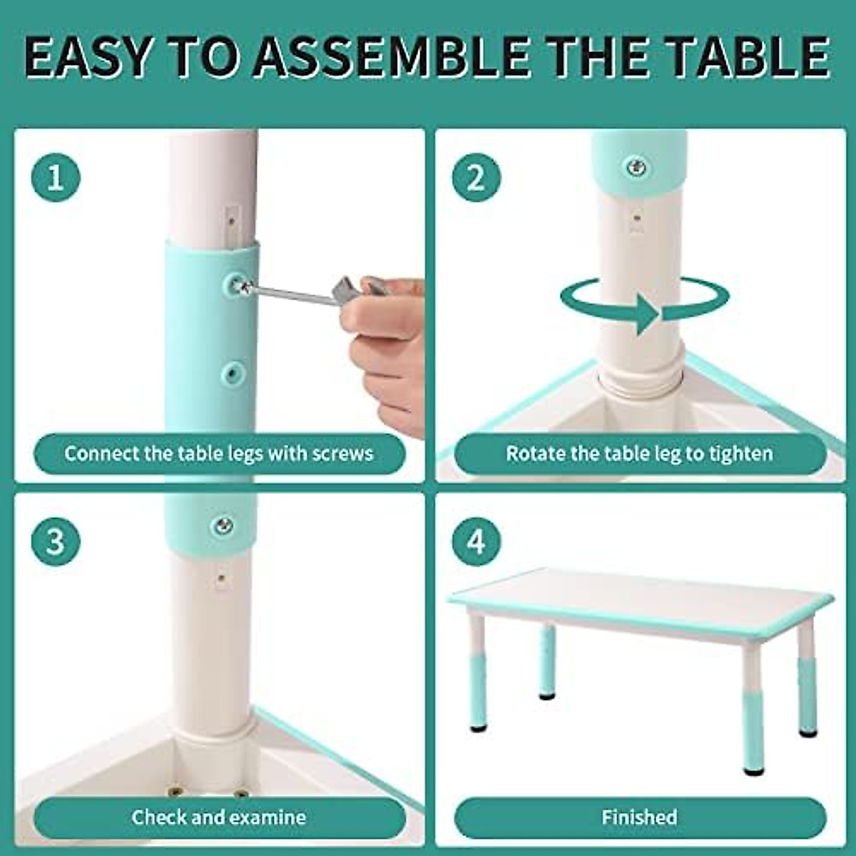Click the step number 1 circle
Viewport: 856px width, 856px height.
click(x=56, y=177)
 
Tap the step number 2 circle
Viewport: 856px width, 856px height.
click(x=476, y=177)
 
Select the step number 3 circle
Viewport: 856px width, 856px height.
click(x=56, y=541)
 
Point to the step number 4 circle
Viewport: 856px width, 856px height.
click(x=476, y=541)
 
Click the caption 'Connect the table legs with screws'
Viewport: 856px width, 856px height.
click(x=219, y=454)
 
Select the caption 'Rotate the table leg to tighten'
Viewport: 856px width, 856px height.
click(x=639, y=454)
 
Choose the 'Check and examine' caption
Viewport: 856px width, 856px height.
click(x=219, y=817)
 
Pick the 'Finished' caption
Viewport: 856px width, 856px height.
click(x=639, y=817)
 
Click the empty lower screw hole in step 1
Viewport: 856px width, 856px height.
click(x=233, y=372)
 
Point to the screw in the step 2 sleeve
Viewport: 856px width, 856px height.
click(x=636, y=168)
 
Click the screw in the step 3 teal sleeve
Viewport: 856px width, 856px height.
click(x=223, y=526)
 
